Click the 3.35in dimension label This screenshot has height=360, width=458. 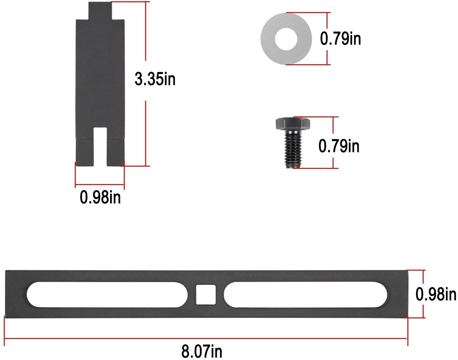[155, 79]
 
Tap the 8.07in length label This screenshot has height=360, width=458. [202, 351]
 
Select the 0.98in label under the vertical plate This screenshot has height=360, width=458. [100, 197]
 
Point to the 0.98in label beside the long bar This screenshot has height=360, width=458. [436, 294]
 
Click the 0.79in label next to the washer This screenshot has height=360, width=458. [341, 39]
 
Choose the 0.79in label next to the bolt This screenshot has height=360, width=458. [339, 146]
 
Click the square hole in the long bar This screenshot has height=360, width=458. [206, 294]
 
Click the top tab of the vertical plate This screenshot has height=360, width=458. [100, 10]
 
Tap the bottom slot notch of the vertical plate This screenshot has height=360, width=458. [100, 146]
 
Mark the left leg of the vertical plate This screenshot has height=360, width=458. [85, 152]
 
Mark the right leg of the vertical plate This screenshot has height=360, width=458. [115, 152]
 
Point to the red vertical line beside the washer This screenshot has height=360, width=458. [327, 39]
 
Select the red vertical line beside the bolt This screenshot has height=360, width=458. [333, 142]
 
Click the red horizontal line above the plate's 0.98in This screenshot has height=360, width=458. [100, 185]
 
